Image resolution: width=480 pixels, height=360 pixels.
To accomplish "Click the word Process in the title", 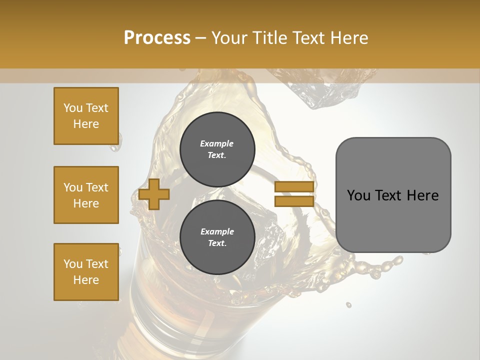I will pyautogui.click(x=157, y=38).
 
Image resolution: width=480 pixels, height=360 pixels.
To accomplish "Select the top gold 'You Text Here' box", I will pyautogui.click(x=86, y=116).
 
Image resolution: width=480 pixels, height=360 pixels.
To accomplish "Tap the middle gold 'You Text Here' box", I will pyautogui.click(x=86, y=195).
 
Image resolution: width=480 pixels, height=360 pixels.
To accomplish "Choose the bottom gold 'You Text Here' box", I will pyautogui.click(x=86, y=272).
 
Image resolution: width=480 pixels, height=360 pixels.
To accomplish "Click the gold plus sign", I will pyautogui.click(x=153, y=194).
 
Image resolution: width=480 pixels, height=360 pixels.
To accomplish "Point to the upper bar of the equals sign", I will pyautogui.click(x=294, y=186).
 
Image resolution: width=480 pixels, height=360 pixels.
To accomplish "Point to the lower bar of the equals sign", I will pyautogui.click(x=294, y=201).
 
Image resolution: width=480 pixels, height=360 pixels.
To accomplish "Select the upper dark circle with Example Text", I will pyautogui.click(x=217, y=149).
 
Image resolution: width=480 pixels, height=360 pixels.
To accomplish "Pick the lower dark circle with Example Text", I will pyautogui.click(x=217, y=237).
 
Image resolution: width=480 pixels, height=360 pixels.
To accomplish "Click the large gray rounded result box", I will pyautogui.click(x=393, y=195).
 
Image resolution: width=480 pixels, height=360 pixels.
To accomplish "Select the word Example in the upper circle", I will pyautogui.click(x=217, y=143).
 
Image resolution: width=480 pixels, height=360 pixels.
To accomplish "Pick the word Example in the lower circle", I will pyautogui.click(x=217, y=231).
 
